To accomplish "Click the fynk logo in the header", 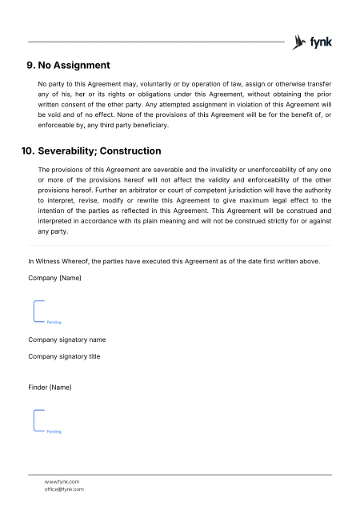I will [x=313, y=42].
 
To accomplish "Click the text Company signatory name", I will [x=67, y=339].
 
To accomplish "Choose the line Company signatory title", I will [x=64, y=355].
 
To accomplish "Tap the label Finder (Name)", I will [x=50, y=388].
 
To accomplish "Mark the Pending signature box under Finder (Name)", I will [x=48, y=421].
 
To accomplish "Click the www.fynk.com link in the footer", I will [x=62, y=481].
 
